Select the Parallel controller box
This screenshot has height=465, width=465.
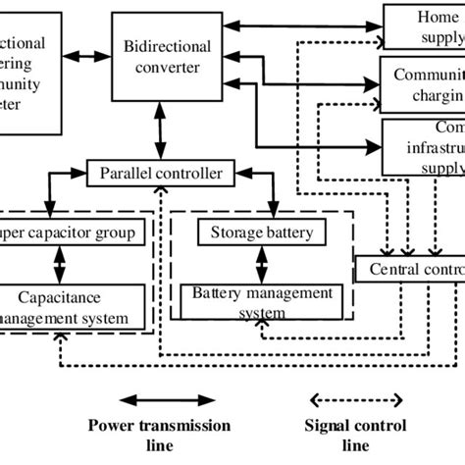pyautogui.click(x=162, y=174)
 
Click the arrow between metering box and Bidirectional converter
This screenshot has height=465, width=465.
pyautogui.click(x=90, y=57)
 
